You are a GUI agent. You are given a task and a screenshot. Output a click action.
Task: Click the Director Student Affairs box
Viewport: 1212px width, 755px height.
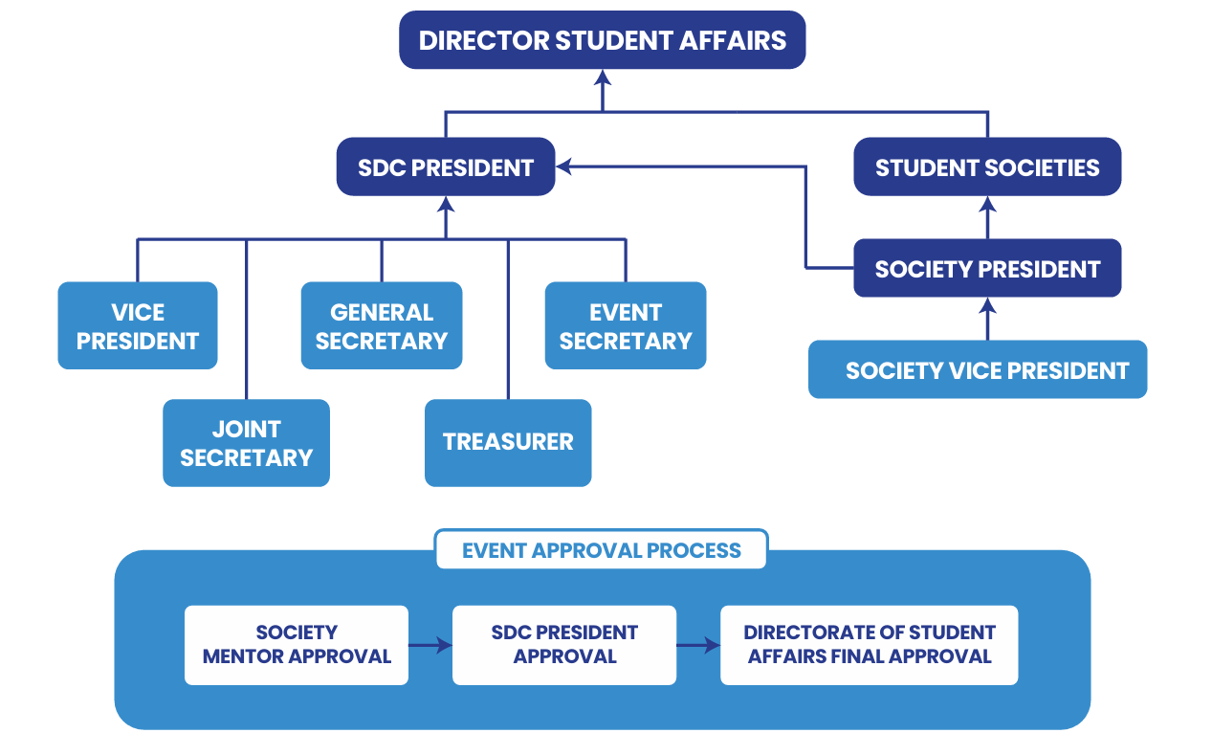click(x=602, y=40)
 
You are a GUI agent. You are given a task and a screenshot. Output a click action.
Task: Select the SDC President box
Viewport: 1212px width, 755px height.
click(x=445, y=167)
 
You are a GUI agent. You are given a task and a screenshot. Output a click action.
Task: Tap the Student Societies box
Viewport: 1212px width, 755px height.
click(x=986, y=167)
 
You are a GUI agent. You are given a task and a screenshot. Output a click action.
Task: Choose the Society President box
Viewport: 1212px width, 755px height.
click(x=986, y=269)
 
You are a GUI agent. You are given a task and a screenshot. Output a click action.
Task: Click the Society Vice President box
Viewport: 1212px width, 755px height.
click(x=977, y=370)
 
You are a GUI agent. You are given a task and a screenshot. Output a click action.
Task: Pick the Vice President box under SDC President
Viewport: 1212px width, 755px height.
click(x=137, y=325)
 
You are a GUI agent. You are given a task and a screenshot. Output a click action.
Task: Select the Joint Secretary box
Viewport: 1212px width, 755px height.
click(x=246, y=443)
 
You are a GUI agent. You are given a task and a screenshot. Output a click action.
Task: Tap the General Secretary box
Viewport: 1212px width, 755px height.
click(x=381, y=325)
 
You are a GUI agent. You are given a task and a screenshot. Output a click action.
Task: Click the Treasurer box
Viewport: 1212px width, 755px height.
click(x=507, y=442)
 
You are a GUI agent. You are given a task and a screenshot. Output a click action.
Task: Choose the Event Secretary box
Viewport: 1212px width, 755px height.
click(x=625, y=325)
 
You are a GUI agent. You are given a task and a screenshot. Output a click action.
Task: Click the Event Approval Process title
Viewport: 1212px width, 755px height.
click(x=601, y=550)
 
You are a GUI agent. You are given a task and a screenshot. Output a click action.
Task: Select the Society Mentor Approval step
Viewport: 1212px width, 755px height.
click(x=296, y=645)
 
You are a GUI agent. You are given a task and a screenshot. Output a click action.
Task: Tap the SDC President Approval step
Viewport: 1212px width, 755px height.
click(x=563, y=645)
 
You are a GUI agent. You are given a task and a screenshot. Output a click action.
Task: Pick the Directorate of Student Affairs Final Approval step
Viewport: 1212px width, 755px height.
click(x=869, y=645)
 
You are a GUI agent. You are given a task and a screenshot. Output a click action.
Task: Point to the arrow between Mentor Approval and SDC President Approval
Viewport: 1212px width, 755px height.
click(x=430, y=646)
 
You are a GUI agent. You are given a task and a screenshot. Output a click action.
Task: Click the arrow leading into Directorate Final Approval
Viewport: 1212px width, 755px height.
click(x=698, y=646)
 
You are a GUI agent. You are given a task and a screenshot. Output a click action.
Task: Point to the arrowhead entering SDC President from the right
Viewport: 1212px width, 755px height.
click(x=564, y=167)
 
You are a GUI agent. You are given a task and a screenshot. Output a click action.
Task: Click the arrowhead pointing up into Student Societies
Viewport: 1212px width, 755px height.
click(x=988, y=204)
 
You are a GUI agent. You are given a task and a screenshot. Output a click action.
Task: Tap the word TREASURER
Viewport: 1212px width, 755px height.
click(x=507, y=442)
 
